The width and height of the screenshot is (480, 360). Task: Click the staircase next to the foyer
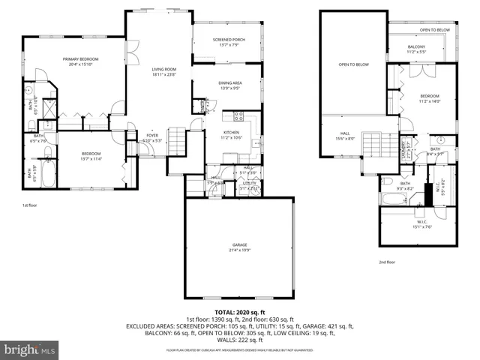coord(175,139)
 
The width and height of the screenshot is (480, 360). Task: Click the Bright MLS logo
coord(30,349)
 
